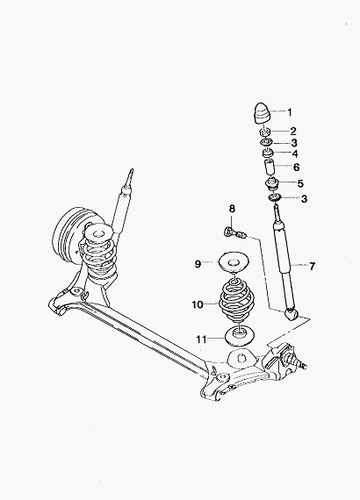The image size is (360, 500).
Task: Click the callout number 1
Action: (x=290, y=112)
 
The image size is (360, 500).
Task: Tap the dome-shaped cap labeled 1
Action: (x=262, y=114)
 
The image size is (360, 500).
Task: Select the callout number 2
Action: (x=293, y=131)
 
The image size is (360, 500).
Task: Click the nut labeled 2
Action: (x=265, y=132)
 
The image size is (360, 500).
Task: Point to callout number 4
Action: (x=295, y=154)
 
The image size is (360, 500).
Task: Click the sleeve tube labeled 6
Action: (x=270, y=167)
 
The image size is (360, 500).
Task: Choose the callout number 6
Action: (x=296, y=167)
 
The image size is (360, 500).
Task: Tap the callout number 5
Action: (x=300, y=183)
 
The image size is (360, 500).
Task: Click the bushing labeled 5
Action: (x=272, y=184)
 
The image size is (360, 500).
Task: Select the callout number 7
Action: (x=312, y=266)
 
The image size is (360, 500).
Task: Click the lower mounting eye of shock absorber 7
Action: (x=291, y=314)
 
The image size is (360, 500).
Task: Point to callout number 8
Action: (x=232, y=209)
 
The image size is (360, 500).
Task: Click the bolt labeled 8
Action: (x=234, y=232)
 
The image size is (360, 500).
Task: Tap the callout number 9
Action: (x=198, y=264)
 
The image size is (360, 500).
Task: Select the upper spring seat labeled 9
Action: (x=234, y=263)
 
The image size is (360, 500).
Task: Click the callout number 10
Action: (x=198, y=305)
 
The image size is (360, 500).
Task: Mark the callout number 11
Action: (x=202, y=339)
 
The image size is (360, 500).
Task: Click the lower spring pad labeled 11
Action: (x=240, y=336)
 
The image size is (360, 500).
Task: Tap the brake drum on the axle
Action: (x=72, y=236)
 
